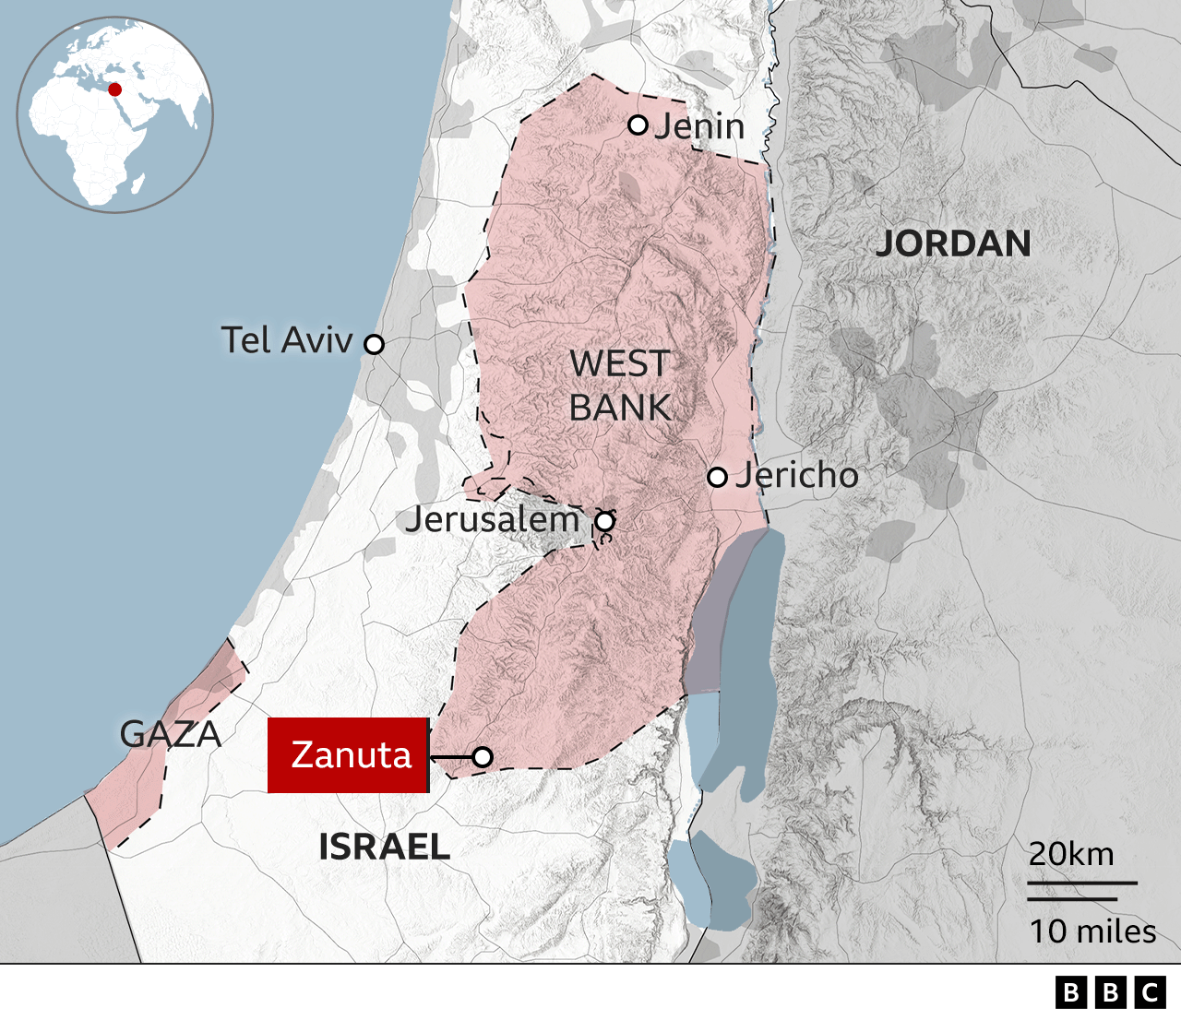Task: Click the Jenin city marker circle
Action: pos(638,125)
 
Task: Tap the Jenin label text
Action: pos(699,126)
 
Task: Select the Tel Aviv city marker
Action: pos(374,344)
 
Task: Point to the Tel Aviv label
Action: pos(287,340)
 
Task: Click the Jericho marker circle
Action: pos(717,477)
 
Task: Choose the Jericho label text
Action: pos(797,476)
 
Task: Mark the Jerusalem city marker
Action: pos(604,522)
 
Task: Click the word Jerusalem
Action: pos(493,519)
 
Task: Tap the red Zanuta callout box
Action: pos(349,755)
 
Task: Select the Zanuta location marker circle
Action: pos(483,757)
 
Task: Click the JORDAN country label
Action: pos(953,243)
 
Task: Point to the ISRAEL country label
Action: pos(384,847)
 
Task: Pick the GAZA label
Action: pos(171,734)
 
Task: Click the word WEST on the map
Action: pos(619,364)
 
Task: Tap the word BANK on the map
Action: pos(619,408)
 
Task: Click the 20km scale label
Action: pos(1071,854)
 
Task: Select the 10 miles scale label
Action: pos(1092,931)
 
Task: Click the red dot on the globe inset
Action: pos(115,89)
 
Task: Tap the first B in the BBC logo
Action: pos(1071,992)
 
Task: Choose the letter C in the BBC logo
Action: pos(1151,992)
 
